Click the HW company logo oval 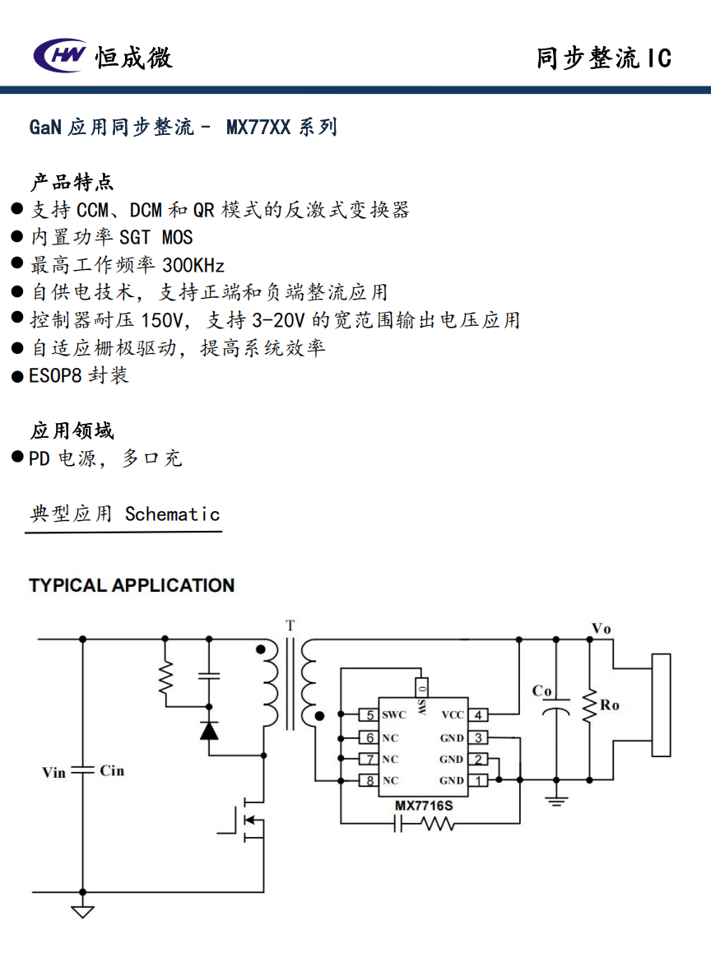point(59,55)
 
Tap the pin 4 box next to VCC point(478,715)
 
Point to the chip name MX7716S point(424,805)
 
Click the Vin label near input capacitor point(53,772)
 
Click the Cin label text point(112,771)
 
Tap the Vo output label point(602,629)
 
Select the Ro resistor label point(610,705)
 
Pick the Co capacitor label point(541,691)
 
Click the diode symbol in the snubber point(209,729)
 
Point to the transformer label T point(290,625)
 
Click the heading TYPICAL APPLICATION point(132,585)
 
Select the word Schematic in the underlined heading point(173,514)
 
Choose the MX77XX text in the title point(258,128)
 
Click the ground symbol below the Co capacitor point(557,798)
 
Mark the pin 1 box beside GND point(478,780)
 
